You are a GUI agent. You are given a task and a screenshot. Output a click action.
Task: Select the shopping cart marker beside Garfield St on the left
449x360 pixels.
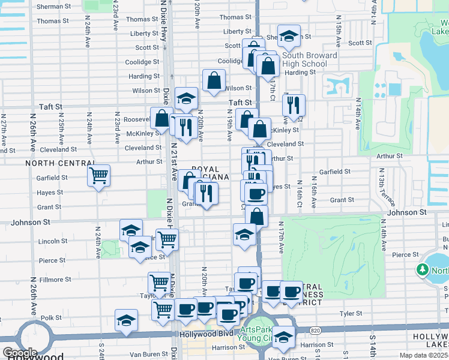98,176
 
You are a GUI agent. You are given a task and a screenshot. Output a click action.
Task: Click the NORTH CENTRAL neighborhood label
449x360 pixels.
60,163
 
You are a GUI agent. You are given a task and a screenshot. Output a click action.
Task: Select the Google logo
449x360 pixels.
20,353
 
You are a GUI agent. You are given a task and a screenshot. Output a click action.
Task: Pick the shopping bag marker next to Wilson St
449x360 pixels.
214,80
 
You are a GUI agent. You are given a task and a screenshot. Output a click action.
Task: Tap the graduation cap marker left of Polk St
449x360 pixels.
127,320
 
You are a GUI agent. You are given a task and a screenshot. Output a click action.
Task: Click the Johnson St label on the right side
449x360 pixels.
406,212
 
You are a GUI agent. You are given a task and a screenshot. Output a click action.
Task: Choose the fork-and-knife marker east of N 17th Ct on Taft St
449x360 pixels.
294,105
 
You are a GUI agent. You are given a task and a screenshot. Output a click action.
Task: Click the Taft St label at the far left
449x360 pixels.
50,106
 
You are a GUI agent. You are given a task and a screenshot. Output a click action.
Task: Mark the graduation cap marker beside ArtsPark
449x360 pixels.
284,337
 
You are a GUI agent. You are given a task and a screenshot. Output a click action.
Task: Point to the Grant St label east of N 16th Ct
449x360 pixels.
342,200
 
